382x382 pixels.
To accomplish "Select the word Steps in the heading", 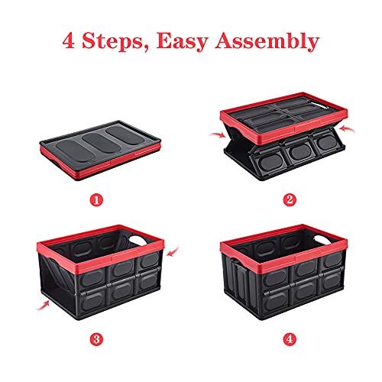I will point(118,40).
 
